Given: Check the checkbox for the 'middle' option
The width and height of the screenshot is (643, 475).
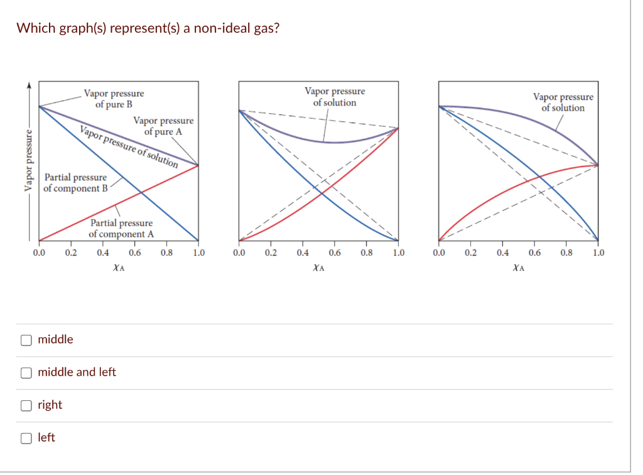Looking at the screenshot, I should (26, 340).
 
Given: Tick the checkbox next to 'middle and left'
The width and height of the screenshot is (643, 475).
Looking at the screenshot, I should (26, 373).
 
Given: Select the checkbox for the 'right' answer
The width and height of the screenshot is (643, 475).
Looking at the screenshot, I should (26, 405).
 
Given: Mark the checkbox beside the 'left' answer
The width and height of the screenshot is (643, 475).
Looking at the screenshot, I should (26, 438).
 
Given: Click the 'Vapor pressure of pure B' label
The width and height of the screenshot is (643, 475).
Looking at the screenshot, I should (114, 99).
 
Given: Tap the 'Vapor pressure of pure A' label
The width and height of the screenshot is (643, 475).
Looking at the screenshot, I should (163, 126).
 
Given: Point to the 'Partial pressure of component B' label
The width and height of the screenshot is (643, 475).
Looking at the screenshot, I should (75, 183).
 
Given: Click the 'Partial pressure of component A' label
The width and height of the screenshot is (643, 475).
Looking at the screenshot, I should (121, 228).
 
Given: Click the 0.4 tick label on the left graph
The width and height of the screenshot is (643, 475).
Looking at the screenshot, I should (103, 253).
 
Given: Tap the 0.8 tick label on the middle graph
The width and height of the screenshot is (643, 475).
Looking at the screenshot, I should (367, 253).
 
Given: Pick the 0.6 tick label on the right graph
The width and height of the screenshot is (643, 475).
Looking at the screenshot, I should (534, 253).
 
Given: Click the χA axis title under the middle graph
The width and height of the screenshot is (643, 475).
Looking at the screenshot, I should (318, 268).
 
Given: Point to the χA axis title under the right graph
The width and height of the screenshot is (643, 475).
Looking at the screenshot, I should (518, 268).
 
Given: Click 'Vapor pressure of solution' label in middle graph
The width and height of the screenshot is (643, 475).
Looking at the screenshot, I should (335, 97).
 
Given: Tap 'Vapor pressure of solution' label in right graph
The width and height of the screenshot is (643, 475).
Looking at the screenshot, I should (563, 102).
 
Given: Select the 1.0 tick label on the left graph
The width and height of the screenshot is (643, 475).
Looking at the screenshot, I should (198, 253).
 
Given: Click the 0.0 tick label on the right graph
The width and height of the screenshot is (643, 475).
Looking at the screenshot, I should (439, 253).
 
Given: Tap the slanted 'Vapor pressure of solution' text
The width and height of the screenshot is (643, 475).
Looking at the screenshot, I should (129, 146).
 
